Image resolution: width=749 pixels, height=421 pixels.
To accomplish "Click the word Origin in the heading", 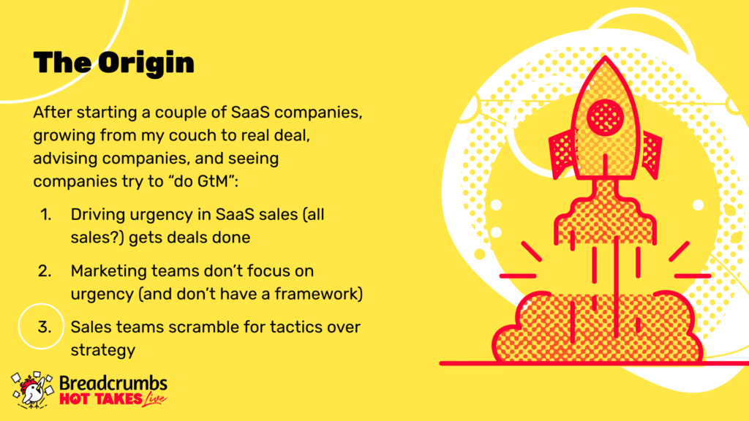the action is pos(146,63).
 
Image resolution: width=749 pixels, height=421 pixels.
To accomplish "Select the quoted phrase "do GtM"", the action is pos(203,181).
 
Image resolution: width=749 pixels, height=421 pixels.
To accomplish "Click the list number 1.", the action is pos(45,215).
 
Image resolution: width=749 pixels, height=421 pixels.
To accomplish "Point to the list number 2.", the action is pos(45,271).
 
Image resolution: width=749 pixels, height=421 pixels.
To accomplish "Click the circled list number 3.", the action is pos(45,327).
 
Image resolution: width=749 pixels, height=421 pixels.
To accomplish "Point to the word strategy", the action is pos(103,351).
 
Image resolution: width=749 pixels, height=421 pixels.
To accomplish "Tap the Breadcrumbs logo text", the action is pos(113,383).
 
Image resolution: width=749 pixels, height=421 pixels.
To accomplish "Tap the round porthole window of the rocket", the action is pos(605,117).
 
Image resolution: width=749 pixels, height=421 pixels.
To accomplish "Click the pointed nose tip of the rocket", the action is pos(605,57).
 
